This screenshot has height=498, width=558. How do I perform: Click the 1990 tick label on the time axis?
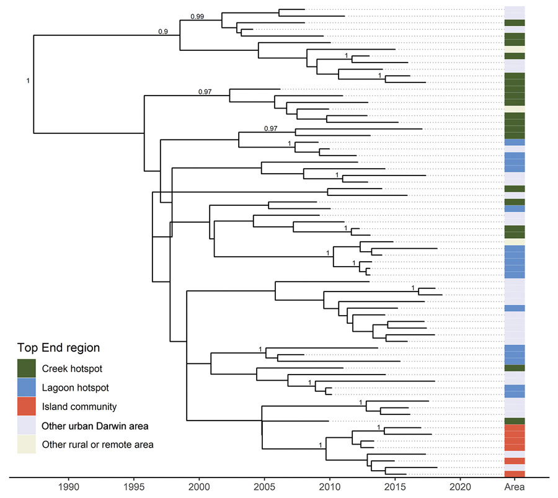click(x=68, y=487)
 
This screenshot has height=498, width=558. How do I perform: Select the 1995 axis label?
click(x=134, y=487)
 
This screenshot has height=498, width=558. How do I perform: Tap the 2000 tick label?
click(x=199, y=487)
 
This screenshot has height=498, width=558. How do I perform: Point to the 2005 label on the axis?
click(x=264, y=487)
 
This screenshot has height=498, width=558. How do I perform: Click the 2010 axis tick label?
click(x=330, y=487)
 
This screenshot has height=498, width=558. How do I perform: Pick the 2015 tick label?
click(x=395, y=487)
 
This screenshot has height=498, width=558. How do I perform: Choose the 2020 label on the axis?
click(x=461, y=487)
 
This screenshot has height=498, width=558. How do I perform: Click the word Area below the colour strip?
click(x=514, y=487)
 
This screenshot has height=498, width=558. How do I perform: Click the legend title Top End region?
click(x=58, y=348)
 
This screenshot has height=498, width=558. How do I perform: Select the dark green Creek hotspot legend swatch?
click(x=26, y=368)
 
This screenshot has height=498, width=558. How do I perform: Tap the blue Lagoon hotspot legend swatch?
click(x=26, y=387)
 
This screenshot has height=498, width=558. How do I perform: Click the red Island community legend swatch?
click(x=26, y=406)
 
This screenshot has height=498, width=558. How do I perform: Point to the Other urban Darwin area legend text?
click(x=95, y=425)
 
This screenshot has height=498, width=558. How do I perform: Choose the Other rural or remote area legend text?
click(x=98, y=445)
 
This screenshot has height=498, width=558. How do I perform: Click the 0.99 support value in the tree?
click(x=197, y=16)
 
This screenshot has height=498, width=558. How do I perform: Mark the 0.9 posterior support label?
click(x=163, y=32)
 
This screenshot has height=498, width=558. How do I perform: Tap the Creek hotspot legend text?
click(x=73, y=368)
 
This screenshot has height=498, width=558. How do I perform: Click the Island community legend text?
click(x=79, y=406)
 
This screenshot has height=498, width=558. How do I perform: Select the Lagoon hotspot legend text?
click(x=76, y=388)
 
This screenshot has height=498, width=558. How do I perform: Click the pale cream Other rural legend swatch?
click(x=26, y=444)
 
